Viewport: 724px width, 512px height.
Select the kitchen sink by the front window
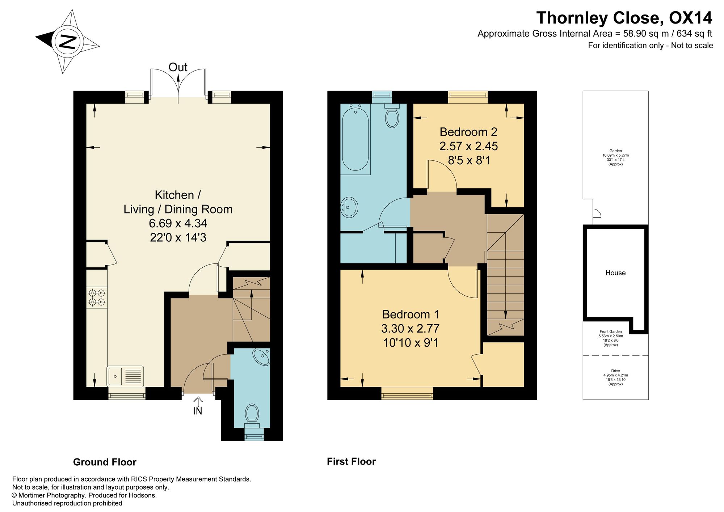[x=125, y=376]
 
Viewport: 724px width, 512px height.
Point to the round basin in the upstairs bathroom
[x=349, y=207]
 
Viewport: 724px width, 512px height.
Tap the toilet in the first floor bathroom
[x=392, y=115]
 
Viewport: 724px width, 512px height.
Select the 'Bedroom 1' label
[x=411, y=314]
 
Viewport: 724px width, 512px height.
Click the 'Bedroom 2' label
[x=468, y=132]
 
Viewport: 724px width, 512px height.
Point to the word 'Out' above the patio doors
[x=178, y=67]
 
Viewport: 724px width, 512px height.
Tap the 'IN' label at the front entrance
[x=198, y=411]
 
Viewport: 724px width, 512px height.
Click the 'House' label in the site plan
[x=615, y=273]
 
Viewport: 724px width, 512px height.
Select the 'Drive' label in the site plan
[x=615, y=371]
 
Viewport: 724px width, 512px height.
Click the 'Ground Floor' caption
[x=105, y=462]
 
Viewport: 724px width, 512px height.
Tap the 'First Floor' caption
[x=351, y=461]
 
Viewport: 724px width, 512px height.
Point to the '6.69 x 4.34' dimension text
[x=178, y=223]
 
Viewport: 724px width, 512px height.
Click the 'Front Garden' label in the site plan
[x=610, y=331]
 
